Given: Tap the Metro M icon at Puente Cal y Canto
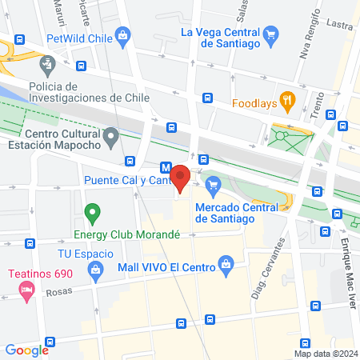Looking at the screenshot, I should pyautogui.click(x=166, y=168).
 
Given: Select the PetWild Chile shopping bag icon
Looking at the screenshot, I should pyautogui.click(x=122, y=34).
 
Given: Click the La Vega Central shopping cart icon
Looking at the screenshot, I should pyautogui.click(x=273, y=34).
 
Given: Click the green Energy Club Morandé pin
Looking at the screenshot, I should pyautogui.click(x=93, y=214).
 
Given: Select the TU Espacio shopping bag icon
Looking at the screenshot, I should pyautogui.click(x=96, y=271).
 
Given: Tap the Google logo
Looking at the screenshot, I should pyautogui.click(x=26, y=350).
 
